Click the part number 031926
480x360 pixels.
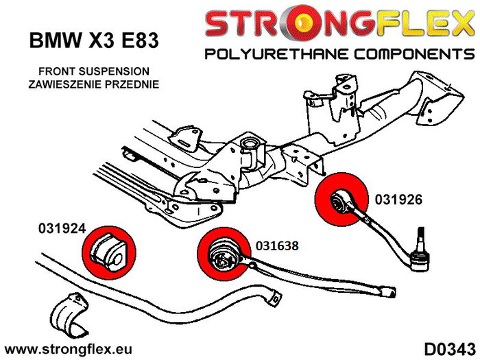(398, 201)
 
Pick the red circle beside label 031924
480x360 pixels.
(108, 249)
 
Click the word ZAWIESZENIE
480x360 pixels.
(66, 85)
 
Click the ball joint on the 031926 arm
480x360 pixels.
(420, 256)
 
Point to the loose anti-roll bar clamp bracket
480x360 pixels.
(69, 313)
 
